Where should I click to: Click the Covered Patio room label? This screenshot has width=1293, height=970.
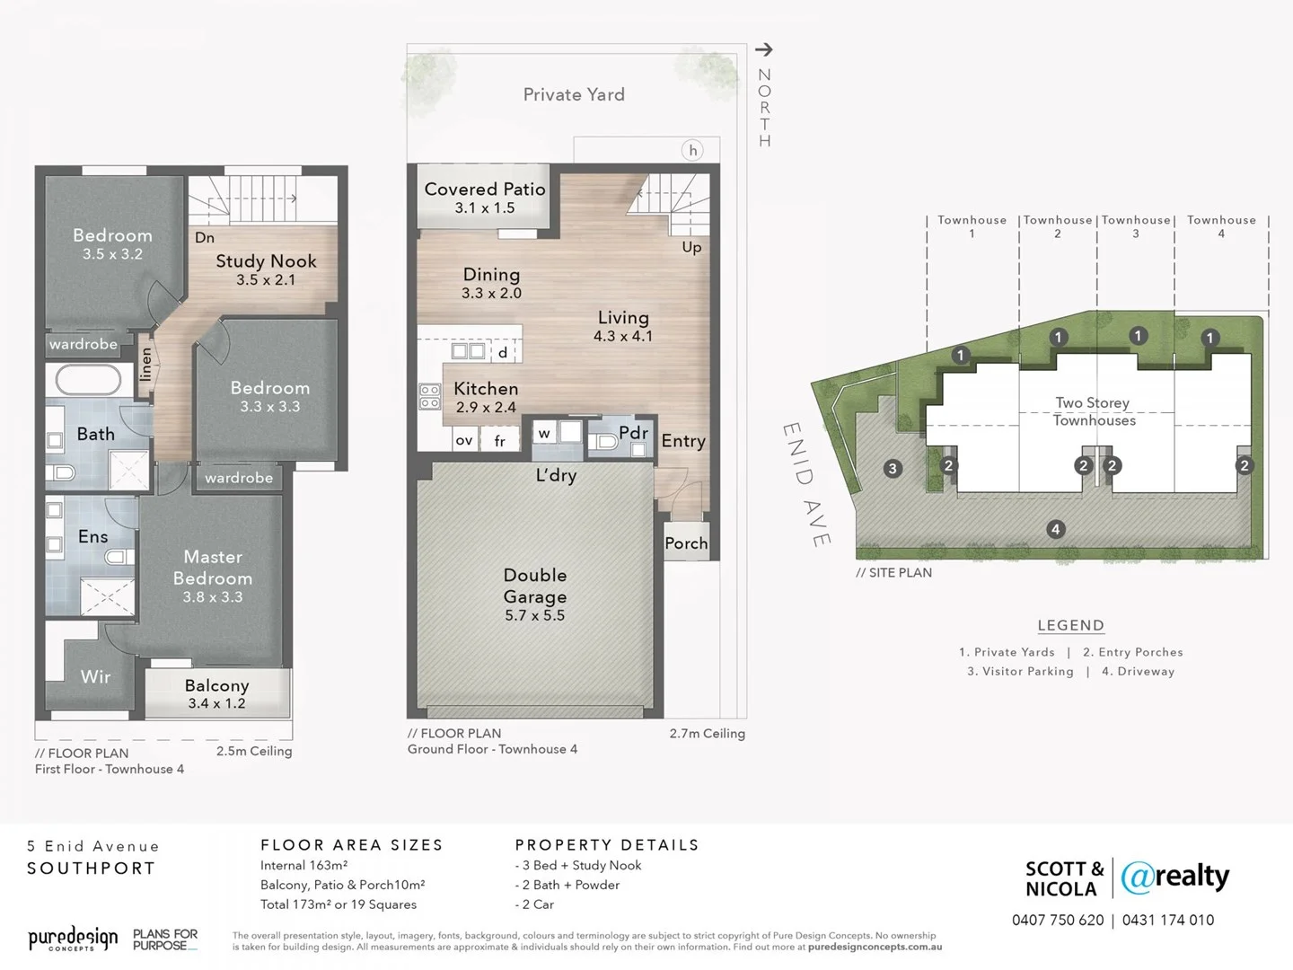485,190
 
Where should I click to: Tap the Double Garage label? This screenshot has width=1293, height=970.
534,586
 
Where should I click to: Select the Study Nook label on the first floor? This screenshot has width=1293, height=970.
266,261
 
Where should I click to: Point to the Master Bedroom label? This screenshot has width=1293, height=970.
213,568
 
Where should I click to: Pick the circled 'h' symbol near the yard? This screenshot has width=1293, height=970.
692,151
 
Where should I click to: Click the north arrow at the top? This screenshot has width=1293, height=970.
764,50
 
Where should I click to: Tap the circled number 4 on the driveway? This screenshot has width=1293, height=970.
1056,529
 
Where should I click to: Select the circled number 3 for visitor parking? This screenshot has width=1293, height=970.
892,468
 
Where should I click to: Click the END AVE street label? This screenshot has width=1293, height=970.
805,484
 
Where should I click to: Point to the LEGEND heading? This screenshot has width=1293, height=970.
1070,625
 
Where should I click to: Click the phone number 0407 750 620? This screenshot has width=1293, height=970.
1058,920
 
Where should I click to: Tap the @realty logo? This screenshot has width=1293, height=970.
1175,877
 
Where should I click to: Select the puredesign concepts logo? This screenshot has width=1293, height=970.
73,939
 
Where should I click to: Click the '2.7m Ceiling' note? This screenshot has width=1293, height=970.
707,733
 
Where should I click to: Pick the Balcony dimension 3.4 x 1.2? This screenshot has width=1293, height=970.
216,703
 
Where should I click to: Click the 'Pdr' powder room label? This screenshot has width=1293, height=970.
633,432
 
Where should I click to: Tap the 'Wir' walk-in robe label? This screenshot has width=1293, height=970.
95,676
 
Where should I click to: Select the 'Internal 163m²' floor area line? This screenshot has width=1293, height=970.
303,865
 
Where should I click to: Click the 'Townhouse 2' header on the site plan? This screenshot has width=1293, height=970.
1058,226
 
